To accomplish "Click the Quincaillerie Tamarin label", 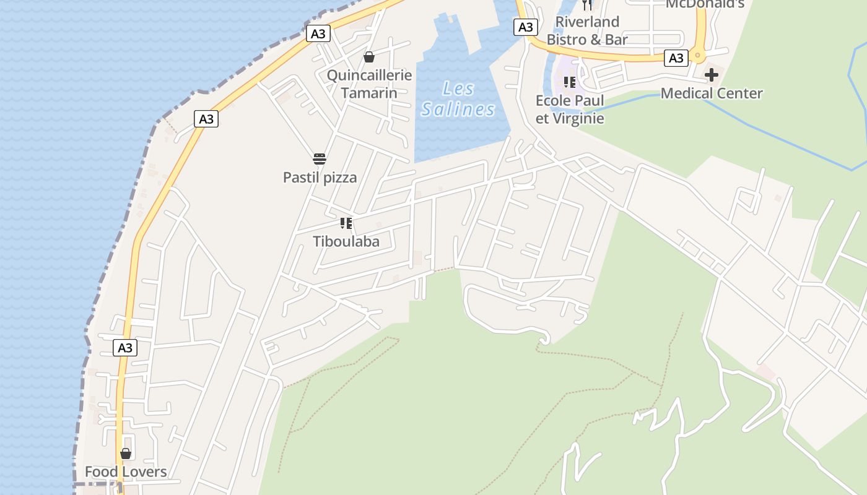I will click(369, 84).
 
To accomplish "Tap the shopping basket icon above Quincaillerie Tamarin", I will click(369, 57).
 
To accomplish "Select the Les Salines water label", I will click(458, 99).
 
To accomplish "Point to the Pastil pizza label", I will click(320, 178).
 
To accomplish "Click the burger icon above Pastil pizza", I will click(320, 159).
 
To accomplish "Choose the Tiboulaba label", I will click(346, 241).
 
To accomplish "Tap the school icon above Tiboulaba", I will click(346, 223).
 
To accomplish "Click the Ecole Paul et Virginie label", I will click(570, 109).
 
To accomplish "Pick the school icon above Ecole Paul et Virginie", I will click(570, 82).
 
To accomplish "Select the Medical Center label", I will click(712, 93).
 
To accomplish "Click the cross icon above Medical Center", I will click(712, 75).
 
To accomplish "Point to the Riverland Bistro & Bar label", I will click(587, 30).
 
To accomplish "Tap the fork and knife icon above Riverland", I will click(587, 5).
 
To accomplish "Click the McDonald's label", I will click(705, 4).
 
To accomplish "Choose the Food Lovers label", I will click(126, 472).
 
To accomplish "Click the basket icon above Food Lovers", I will click(126, 454).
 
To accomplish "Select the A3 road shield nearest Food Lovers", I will click(126, 348).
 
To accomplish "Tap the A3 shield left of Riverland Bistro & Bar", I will click(525, 27).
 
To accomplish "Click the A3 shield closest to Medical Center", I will click(676, 58).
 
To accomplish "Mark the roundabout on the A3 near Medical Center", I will click(699, 56).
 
